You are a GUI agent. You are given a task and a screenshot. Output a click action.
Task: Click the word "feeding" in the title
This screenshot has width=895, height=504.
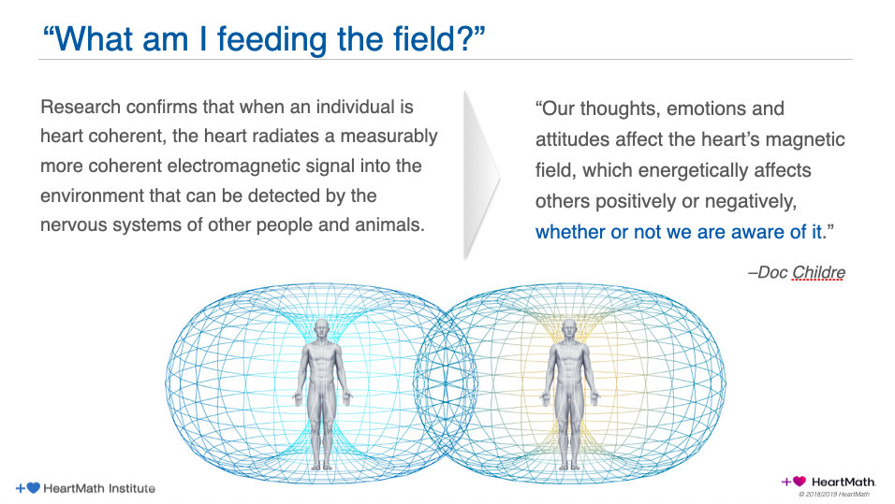272,40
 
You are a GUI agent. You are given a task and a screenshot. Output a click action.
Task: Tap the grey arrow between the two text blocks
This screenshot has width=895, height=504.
481,175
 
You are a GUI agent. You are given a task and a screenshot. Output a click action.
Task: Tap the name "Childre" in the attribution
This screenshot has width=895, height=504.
818,272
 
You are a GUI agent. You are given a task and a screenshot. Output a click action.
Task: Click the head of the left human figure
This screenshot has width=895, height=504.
322,329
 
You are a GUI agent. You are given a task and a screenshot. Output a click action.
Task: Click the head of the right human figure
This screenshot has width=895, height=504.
569,329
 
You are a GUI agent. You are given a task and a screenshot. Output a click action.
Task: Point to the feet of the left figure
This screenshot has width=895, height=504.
322,465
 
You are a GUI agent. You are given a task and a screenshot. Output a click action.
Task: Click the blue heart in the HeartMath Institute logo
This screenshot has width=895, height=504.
34,488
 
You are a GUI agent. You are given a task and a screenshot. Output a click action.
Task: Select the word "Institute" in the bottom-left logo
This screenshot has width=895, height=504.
132,489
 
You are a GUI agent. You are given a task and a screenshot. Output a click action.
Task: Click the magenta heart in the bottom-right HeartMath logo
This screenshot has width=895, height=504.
800,482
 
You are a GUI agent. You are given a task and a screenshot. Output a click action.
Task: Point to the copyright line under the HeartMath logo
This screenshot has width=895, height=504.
833,495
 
